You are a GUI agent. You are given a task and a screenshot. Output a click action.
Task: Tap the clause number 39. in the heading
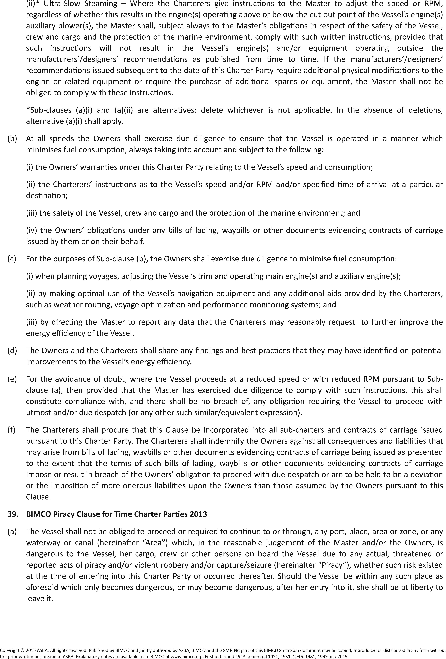pyautogui.click(x=12, y=514)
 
